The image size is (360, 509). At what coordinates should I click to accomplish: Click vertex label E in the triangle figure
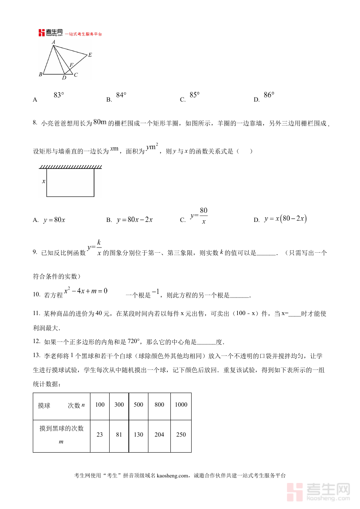pyautogui.click(x=90, y=55)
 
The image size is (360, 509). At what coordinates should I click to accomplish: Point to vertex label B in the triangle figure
pyautogui.click(x=40, y=74)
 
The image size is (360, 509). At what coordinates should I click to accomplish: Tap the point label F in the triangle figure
pyautogui.click(x=71, y=65)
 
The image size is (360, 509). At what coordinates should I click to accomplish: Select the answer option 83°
pyautogui.click(x=59, y=95)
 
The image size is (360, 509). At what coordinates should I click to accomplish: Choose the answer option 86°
pyautogui.click(x=269, y=95)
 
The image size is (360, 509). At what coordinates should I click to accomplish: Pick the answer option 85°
pyautogui.click(x=194, y=95)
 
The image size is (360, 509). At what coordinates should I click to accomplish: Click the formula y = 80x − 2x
pyautogui.click(x=135, y=220)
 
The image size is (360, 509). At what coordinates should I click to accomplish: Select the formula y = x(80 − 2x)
pyautogui.click(x=285, y=219)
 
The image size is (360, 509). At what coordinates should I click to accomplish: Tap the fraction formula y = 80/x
pyautogui.click(x=199, y=216)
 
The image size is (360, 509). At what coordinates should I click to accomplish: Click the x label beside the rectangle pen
pyautogui.click(x=44, y=181)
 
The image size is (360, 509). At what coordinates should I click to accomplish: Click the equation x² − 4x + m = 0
pyautogui.click(x=86, y=291)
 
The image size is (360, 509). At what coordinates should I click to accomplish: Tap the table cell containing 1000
pyautogui.click(x=181, y=405)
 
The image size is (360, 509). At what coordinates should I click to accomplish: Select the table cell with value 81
pyautogui.click(x=119, y=435)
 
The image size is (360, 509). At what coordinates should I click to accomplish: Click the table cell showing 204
pyautogui.click(x=159, y=435)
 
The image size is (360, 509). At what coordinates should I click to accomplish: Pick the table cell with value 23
pyautogui.click(x=100, y=435)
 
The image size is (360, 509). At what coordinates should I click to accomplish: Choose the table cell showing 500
pyautogui.click(x=138, y=405)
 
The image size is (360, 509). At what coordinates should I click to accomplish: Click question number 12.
pyautogui.click(x=36, y=341)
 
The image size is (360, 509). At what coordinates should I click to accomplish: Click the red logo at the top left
pyautogui.click(x=42, y=33)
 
